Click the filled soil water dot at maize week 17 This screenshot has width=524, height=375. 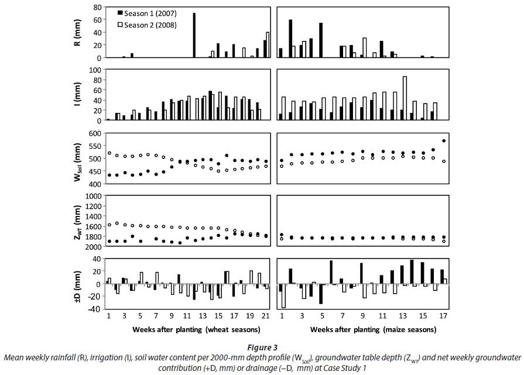pyautogui.click(x=443, y=141)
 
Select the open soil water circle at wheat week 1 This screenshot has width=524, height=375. pyautogui.click(x=109, y=153)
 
